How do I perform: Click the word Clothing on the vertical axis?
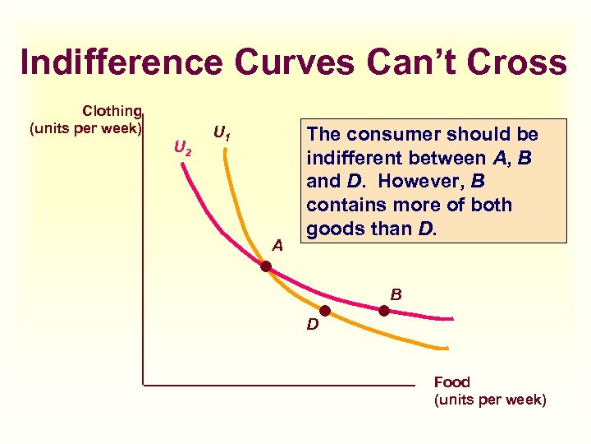click(112, 111)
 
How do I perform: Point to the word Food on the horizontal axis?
click(451, 382)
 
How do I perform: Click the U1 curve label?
click(220, 132)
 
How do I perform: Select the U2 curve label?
click(182, 150)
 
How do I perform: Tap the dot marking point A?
click(266, 266)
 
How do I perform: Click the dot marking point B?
click(383, 311)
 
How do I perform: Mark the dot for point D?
click(325, 311)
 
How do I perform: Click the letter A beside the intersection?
click(277, 244)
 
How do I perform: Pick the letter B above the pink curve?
click(396, 293)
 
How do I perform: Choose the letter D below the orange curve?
click(313, 325)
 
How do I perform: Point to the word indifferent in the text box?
click(359, 158)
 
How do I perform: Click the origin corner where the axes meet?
click(143, 384)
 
